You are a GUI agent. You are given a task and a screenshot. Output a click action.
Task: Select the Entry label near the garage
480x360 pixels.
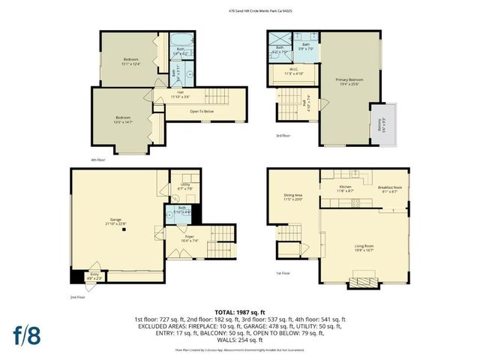click(92, 276)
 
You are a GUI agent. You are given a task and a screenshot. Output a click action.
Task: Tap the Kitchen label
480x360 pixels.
click(345, 188)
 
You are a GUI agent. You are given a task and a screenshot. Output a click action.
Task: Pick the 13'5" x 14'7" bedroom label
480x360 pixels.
click(124, 119)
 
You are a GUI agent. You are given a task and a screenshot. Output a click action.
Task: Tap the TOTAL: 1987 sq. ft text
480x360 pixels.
click(239, 311)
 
